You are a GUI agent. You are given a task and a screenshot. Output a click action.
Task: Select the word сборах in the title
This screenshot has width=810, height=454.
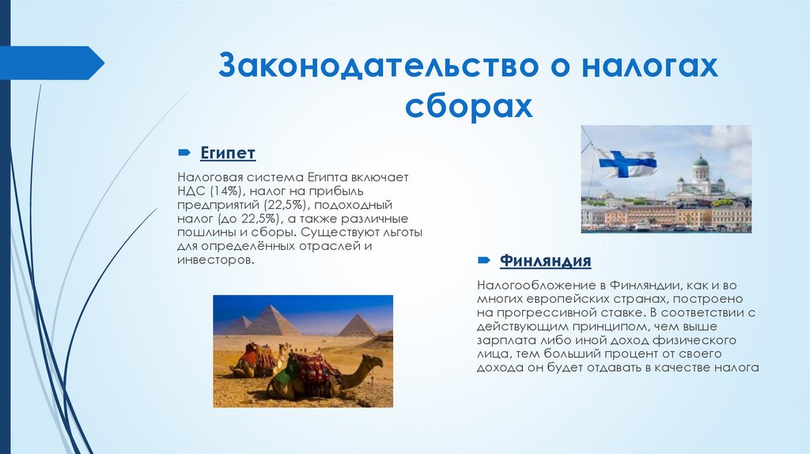pyautogui.click(x=468, y=105)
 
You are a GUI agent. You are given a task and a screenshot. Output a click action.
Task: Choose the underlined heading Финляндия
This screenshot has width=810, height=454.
pyautogui.click(x=546, y=260)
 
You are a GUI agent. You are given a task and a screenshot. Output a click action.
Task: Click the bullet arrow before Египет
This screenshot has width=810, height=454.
pyautogui.click(x=184, y=151)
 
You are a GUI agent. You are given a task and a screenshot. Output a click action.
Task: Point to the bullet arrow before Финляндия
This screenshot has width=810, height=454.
pyautogui.click(x=483, y=260)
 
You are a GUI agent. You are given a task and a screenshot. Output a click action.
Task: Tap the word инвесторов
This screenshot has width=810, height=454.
pyautogui.click(x=215, y=259)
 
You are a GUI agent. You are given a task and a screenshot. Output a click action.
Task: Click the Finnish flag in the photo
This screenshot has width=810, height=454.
pyautogui.click(x=626, y=164)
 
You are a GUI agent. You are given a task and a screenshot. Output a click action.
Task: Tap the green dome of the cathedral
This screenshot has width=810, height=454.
pyautogui.click(x=701, y=161)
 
